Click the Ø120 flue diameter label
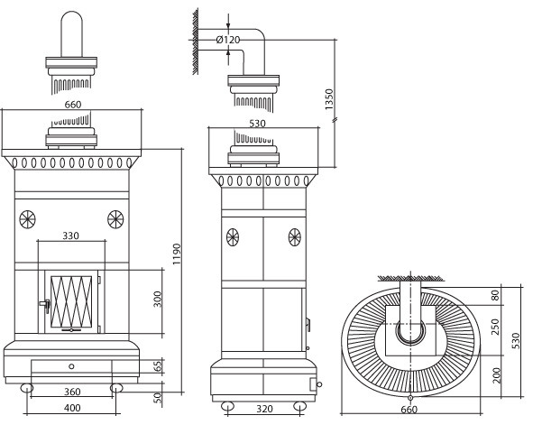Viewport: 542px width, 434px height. pyautogui.click(x=228, y=40)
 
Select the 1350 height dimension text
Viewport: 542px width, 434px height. pyautogui.click(x=329, y=99)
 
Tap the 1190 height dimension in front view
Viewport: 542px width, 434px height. pyautogui.click(x=177, y=254)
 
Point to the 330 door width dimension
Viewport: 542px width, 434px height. pyautogui.click(x=71, y=235)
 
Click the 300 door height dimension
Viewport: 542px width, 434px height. pyautogui.click(x=157, y=299)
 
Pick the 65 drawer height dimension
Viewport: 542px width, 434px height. pyautogui.click(x=157, y=366)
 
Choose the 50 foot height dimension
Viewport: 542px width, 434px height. pyautogui.click(x=157, y=397)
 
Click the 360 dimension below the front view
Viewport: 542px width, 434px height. pyautogui.click(x=72, y=392)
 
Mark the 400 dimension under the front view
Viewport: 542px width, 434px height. pyautogui.click(x=72, y=408)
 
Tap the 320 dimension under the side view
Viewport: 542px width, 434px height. pyautogui.click(x=264, y=409)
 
